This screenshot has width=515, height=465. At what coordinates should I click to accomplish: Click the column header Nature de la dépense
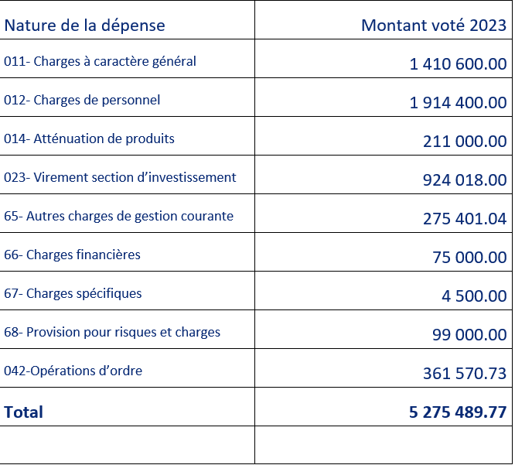tap(84, 26)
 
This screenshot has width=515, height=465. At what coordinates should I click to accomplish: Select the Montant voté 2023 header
tap(434, 26)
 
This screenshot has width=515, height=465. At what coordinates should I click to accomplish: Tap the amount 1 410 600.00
tap(459, 63)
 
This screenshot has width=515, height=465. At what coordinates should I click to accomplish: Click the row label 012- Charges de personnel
tap(82, 100)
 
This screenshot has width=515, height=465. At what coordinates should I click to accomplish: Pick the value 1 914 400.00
tap(459, 103)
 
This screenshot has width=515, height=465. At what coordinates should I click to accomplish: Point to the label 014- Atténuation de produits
tap(89, 138)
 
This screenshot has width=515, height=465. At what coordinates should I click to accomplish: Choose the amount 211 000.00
tap(465, 142)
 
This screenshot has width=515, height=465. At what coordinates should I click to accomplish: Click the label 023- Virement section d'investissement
tap(120, 177)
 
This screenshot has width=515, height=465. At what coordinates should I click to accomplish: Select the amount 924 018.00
tap(465, 180)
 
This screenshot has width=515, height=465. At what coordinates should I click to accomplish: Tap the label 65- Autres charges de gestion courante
tap(118, 216)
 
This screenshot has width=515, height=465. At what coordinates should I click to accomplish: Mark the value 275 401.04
tap(465, 219)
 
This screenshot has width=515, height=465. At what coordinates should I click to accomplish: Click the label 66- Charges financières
tap(72, 255)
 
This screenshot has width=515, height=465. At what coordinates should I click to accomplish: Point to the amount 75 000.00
tap(469, 258)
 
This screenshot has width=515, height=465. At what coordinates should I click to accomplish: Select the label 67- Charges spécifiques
tap(73, 293)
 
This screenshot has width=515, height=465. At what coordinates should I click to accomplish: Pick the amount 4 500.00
tap(474, 296)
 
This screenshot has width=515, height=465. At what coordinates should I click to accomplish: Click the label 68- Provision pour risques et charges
tap(112, 332)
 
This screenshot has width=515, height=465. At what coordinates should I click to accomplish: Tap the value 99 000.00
tap(469, 335)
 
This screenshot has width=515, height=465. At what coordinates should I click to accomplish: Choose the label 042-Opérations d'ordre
tap(73, 371)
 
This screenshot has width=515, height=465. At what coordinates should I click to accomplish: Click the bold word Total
tap(23, 412)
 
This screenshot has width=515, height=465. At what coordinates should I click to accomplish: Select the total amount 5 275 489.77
tap(458, 412)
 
